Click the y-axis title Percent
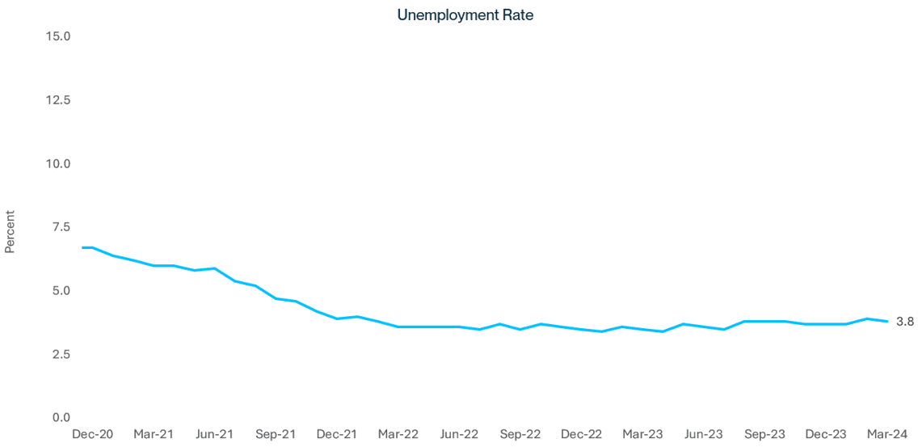point(11,233)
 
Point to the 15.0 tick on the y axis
point(61,36)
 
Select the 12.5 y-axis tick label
point(61,100)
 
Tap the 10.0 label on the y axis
point(61,163)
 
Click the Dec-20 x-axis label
point(93,434)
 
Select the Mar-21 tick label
point(154,434)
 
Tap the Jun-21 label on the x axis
point(216,434)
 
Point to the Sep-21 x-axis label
point(276,434)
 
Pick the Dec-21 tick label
point(338,434)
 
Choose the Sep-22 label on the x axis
point(521,434)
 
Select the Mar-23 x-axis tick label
point(643,434)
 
